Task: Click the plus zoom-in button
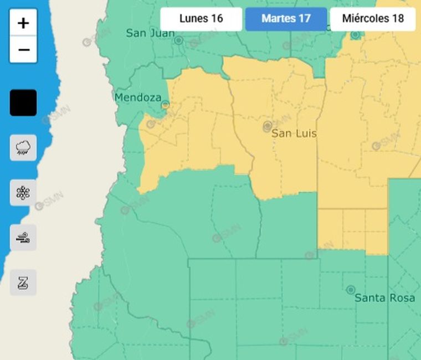click(x=23, y=23)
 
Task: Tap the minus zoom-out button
click(x=23, y=50)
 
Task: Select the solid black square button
click(x=23, y=103)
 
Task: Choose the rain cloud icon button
click(x=23, y=147)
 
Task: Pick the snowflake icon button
click(x=23, y=193)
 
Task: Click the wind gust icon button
click(x=23, y=238)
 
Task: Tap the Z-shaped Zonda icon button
click(x=23, y=282)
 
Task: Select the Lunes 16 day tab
click(x=201, y=19)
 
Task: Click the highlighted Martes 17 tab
click(x=286, y=19)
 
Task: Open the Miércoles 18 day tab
click(x=373, y=19)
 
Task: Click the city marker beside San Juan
click(x=178, y=40)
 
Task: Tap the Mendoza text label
click(x=138, y=97)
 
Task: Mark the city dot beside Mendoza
click(x=165, y=104)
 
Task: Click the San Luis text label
click(x=294, y=133)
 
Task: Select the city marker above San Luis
click(x=268, y=126)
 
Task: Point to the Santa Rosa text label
click(x=384, y=298)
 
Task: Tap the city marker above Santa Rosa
click(x=350, y=290)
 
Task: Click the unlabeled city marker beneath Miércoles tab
click(x=355, y=35)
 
